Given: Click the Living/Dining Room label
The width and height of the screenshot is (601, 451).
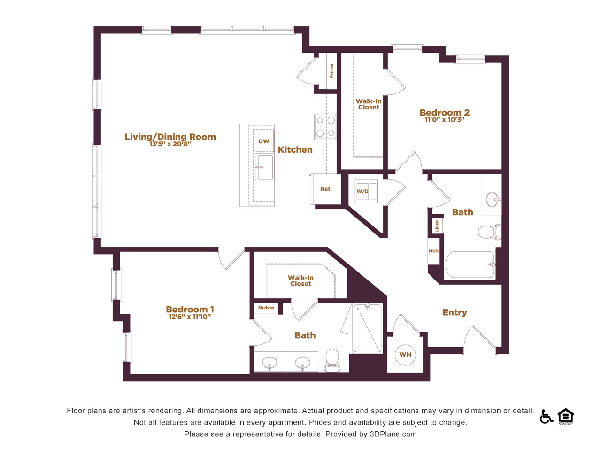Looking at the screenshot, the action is point(170,137).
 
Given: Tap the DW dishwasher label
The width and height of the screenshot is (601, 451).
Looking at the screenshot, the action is point(264,141).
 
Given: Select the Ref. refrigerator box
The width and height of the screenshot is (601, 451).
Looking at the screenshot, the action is point(326,189).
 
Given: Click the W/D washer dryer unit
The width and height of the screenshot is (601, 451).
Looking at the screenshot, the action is point(365,191).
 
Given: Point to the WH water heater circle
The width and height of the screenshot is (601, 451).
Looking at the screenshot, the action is point(405,355).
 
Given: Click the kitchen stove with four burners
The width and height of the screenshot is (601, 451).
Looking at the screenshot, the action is point(325,127).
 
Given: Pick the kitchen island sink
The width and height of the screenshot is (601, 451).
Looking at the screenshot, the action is point(264,167).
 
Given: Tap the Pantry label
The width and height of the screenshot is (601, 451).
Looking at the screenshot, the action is point(331,71).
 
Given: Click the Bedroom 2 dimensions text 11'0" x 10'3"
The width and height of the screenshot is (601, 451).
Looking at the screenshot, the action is point(444,120).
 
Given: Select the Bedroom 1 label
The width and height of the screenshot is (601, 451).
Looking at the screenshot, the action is point(190,310).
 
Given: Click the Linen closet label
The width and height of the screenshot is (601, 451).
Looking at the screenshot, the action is point(437,226).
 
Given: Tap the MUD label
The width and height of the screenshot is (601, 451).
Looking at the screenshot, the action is point(433,251).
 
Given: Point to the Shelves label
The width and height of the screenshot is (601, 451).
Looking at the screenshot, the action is point(266,308).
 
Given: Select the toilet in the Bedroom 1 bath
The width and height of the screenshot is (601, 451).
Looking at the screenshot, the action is point(332,360).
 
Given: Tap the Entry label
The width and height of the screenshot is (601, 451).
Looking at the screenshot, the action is point(455,312).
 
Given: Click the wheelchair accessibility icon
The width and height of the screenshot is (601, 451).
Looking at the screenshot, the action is point(546,417).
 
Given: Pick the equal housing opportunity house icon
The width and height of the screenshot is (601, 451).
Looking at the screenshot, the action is point(565,416).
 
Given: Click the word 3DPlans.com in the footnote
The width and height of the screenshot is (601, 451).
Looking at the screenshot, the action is point(393,434).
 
